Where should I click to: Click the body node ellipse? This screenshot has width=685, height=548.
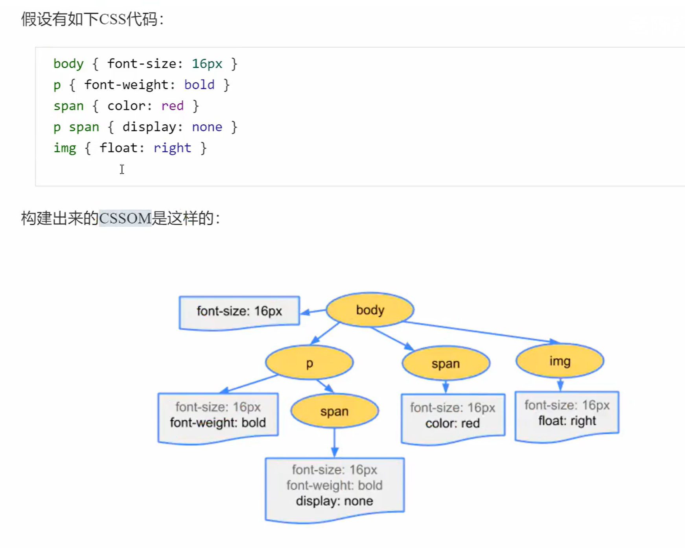[x=370, y=310]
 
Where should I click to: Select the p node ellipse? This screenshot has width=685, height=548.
[x=309, y=363]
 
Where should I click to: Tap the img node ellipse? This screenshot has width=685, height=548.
[x=560, y=361]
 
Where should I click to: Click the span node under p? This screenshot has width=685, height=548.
[x=334, y=411]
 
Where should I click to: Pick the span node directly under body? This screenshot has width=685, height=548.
[x=446, y=363]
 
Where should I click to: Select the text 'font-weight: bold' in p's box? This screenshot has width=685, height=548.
[x=218, y=423]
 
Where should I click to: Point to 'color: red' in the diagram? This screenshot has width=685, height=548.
[x=452, y=423]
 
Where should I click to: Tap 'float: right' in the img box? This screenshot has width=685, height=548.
[x=567, y=421]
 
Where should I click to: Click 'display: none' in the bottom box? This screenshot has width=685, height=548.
[x=334, y=501]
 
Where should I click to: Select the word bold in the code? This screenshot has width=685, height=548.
[x=199, y=85]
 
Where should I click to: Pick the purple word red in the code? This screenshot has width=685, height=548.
[x=172, y=106]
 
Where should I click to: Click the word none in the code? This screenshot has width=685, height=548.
[x=207, y=127]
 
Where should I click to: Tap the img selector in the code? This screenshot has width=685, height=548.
[x=65, y=148]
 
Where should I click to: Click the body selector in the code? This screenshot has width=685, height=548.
[x=68, y=64]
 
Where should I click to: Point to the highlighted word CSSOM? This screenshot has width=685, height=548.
[x=125, y=218]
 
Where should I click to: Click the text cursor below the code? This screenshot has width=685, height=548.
[x=122, y=169]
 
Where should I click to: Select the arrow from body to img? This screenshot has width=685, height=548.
[x=480, y=331]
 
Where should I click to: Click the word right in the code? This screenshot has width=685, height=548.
[x=172, y=148]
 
